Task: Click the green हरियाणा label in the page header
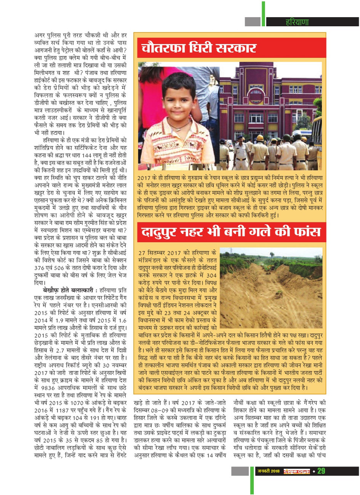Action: (297, 22)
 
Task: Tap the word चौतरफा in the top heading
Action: (165, 48)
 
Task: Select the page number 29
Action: (321, 471)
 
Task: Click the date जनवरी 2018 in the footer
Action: (268, 471)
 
